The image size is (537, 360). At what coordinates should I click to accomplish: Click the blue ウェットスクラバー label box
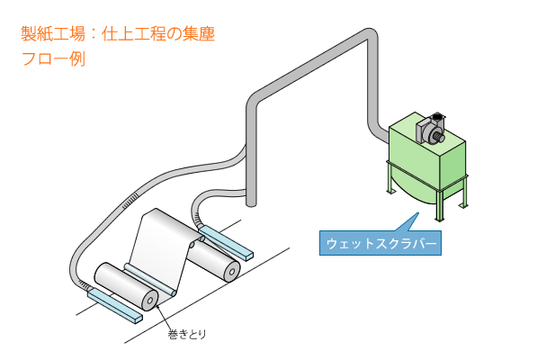[380, 243]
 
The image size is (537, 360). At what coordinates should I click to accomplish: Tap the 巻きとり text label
[187, 334]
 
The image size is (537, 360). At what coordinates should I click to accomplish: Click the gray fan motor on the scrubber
[431, 130]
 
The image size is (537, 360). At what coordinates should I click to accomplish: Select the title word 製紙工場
[53, 34]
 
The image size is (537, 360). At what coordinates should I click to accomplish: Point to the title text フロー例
[53, 58]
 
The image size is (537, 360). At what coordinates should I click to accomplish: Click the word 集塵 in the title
[198, 34]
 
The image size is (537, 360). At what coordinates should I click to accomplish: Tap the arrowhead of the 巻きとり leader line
[157, 306]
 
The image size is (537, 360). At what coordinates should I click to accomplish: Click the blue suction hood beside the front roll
[115, 305]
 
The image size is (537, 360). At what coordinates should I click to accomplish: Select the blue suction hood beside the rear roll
[226, 242]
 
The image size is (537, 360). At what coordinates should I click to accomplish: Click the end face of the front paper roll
[149, 301]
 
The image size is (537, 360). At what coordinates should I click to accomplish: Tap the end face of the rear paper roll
[232, 272]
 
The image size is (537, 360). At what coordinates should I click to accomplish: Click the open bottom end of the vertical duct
[251, 204]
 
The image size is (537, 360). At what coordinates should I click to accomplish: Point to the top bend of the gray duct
[369, 36]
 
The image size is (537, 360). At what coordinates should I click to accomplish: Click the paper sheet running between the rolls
[161, 247]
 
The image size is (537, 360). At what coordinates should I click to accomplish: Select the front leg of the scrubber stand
[439, 204]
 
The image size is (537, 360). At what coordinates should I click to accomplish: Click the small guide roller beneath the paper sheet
[151, 279]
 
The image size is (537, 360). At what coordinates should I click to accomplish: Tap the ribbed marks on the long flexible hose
[130, 200]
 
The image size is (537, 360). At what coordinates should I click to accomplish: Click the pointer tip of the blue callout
[418, 212]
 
